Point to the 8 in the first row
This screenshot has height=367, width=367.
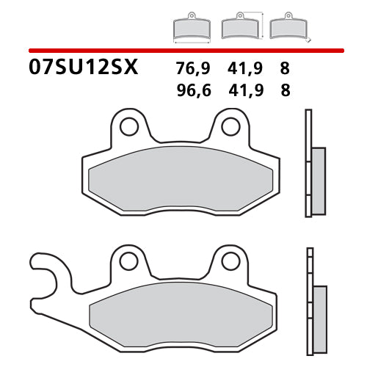[285, 70]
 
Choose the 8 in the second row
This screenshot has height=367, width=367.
[285, 91]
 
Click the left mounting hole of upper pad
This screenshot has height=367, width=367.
[129, 127]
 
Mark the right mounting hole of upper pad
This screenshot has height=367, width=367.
[230, 127]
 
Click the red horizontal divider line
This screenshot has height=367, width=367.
[183, 50]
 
